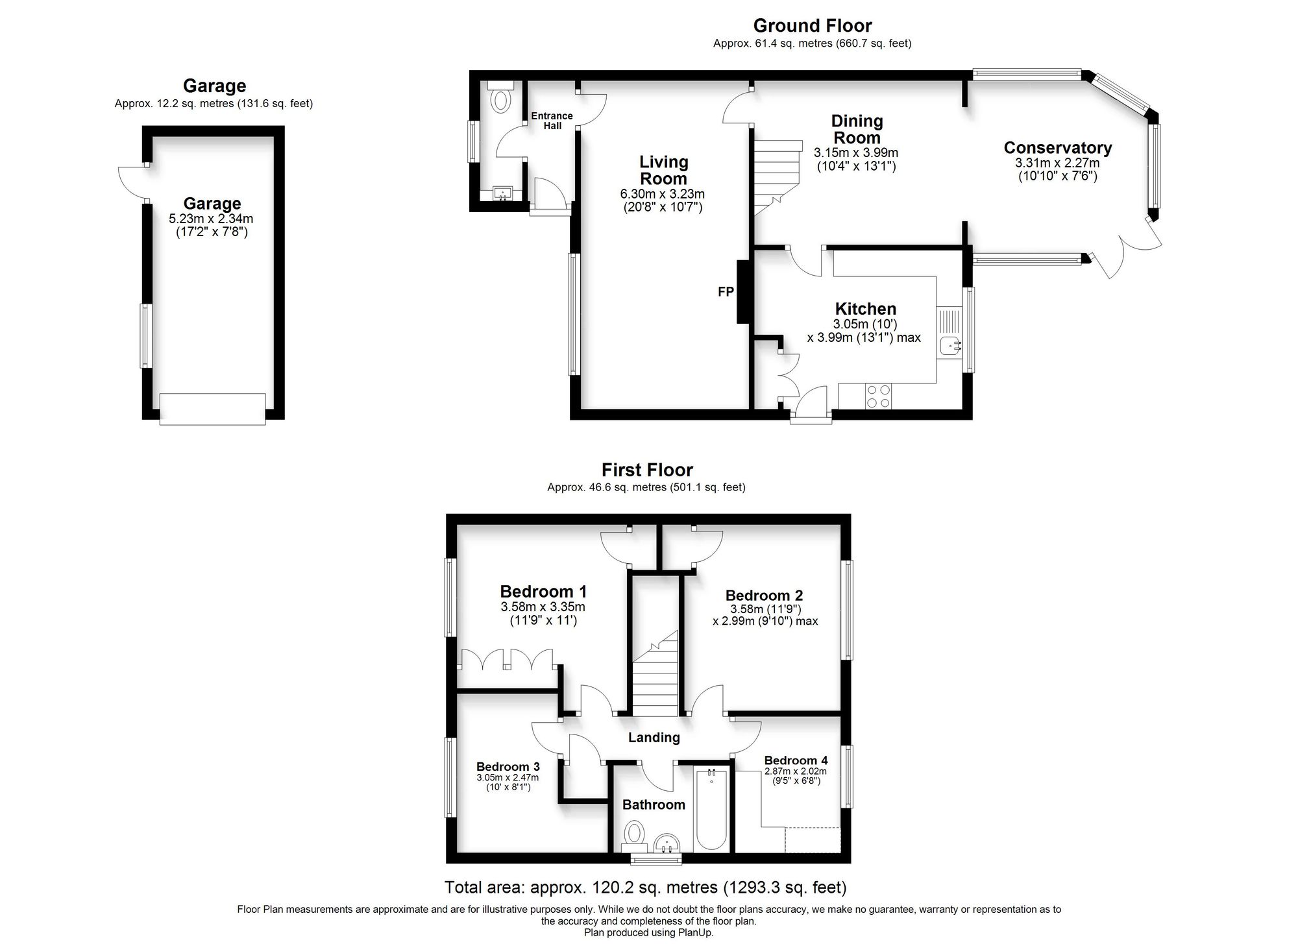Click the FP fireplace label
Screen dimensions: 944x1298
click(725, 292)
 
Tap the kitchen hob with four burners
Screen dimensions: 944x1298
click(879, 396)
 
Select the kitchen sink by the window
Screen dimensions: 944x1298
click(950, 346)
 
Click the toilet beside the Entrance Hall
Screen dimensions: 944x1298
click(500, 101)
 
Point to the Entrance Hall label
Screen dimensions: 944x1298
click(552, 121)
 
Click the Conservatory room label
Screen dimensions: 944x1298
click(1057, 148)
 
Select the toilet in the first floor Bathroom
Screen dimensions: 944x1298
click(633, 833)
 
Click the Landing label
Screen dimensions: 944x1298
click(654, 738)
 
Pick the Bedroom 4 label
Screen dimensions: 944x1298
click(796, 760)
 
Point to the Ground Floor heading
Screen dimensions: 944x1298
click(812, 26)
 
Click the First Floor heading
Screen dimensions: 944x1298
click(647, 470)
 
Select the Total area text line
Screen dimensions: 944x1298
click(645, 887)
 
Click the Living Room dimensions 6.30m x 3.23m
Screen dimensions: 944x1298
click(662, 194)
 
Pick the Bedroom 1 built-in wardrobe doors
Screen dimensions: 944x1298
click(507, 658)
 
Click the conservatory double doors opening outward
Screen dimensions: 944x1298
click(1126, 250)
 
